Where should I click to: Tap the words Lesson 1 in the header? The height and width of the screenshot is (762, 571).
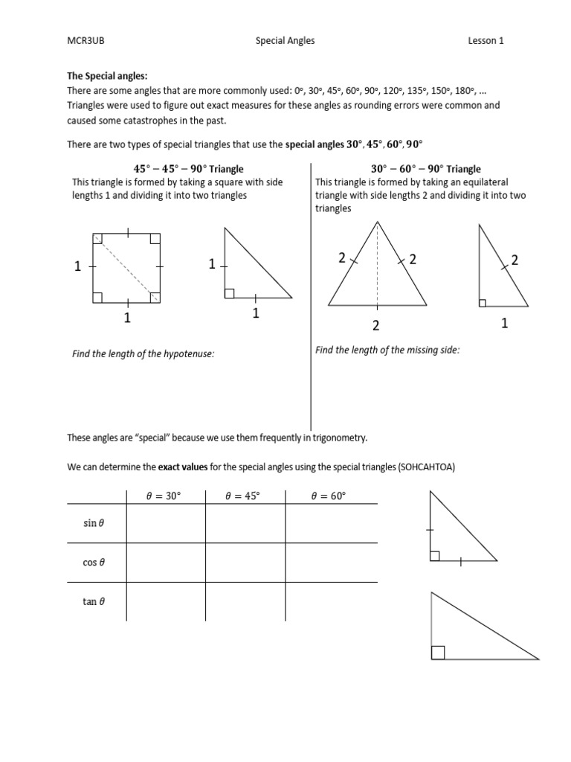(x=486, y=41)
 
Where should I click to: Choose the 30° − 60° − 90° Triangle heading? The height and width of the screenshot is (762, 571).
(x=425, y=169)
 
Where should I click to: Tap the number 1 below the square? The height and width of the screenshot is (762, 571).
(x=127, y=318)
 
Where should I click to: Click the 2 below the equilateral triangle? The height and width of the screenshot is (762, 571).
(x=376, y=325)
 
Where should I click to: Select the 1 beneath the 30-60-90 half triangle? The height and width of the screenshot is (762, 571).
(x=505, y=324)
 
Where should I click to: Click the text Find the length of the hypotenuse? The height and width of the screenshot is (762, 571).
(x=143, y=353)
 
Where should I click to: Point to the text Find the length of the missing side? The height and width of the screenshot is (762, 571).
(x=387, y=350)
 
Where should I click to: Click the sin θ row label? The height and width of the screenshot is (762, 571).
(x=94, y=524)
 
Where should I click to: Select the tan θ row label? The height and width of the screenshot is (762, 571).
(x=94, y=601)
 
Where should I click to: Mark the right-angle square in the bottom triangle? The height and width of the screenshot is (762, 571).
(x=438, y=653)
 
